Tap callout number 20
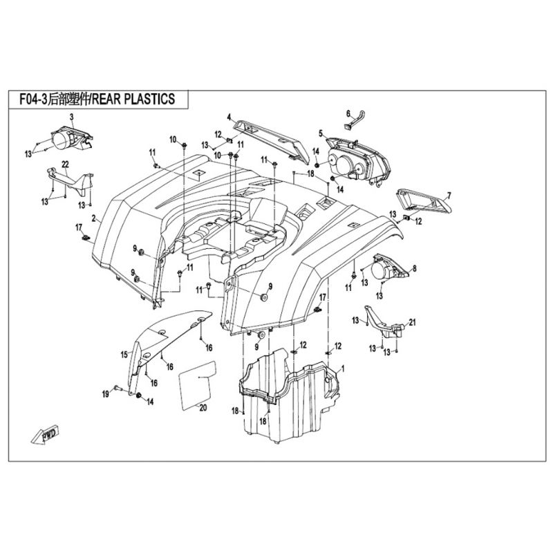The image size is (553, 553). pyautogui.click(x=203, y=408)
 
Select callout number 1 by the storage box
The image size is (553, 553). pyautogui.click(x=343, y=369)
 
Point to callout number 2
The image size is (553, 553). pyautogui.click(x=94, y=219)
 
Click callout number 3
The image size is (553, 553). pyautogui.click(x=71, y=117)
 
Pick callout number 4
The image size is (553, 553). pyautogui.click(x=229, y=117)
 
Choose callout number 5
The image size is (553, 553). pyautogui.click(x=321, y=133)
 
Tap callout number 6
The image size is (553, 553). pyautogui.click(x=348, y=113)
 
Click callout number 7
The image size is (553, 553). pyautogui.click(x=449, y=195)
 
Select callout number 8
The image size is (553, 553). pyautogui.click(x=415, y=269)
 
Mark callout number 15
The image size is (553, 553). pyautogui.click(x=124, y=355)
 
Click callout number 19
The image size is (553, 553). pyautogui.click(x=106, y=395)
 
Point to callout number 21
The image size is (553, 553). pyautogui.click(x=412, y=322)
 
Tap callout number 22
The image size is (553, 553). pyautogui.click(x=65, y=164)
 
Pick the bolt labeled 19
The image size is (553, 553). pyautogui.click(x=118, y=388)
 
